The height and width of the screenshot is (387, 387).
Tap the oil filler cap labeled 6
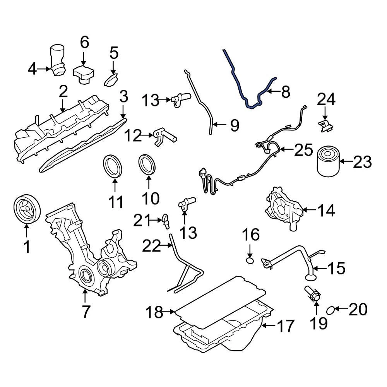[83, 74]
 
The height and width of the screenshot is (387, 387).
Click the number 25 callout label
[303, 150]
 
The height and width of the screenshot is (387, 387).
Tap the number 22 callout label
[151, 246]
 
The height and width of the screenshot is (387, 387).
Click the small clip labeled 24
[324, 126]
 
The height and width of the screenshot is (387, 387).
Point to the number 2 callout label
[63, 91]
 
